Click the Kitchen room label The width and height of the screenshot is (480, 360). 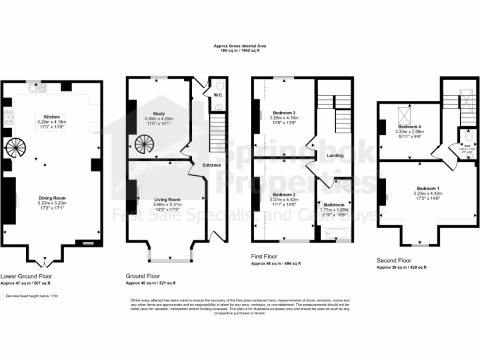(x=52, y=116)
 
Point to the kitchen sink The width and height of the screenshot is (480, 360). (x=36, y=87)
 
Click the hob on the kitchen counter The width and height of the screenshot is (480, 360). (x=8, y=117)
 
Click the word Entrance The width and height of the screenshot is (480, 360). (x=211, y=165)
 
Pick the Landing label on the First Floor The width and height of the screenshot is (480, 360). (x=335, y=156)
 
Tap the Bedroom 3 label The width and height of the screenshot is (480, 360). (x=284, y=112)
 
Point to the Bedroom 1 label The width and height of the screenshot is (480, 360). (x=425, y=187)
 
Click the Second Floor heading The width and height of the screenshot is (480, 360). (x=394, y=260)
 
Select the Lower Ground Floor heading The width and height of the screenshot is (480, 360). (x=26, y=276)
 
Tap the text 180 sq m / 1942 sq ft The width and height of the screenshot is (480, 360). (x=240, y=50)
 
